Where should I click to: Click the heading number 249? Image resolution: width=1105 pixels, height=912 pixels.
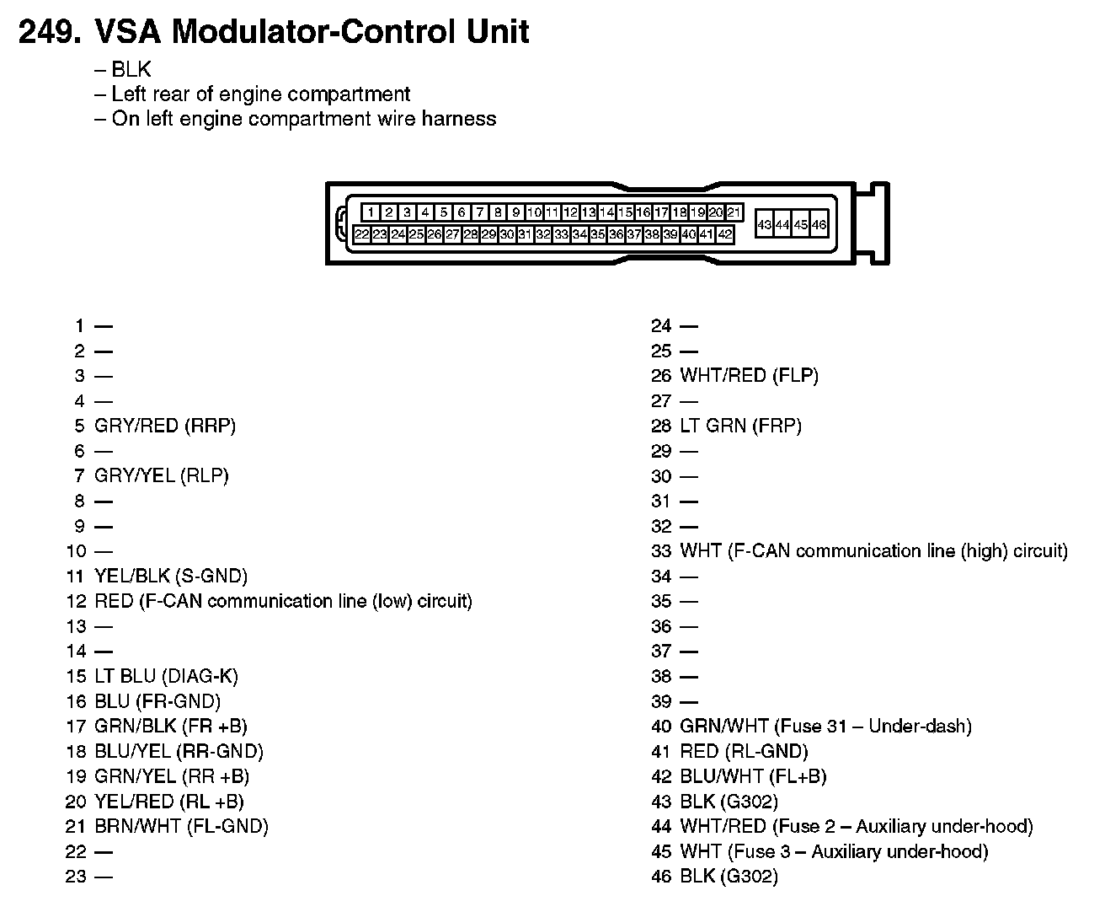pos(50,33)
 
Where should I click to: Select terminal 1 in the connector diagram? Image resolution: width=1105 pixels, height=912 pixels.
pos(371,213)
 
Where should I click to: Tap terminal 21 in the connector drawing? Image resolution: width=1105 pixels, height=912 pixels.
pos(734,213)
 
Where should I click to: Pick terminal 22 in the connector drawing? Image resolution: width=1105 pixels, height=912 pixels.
pos(362,235)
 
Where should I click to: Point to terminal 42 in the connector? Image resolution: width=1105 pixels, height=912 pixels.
pos(725,235)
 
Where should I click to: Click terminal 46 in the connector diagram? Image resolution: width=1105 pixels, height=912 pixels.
pos(819,225)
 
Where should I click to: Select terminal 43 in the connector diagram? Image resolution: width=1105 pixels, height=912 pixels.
pos(765,225)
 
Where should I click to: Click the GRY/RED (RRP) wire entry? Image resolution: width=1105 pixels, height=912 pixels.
pos(165,426)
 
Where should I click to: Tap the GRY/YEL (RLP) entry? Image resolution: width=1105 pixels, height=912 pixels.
pos(162,475)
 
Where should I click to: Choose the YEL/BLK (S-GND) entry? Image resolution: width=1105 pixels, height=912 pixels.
pos(171,576)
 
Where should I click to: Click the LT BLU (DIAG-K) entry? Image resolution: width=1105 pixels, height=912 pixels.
pos(167,676)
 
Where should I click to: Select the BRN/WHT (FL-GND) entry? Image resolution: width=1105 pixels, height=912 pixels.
pos(181,826)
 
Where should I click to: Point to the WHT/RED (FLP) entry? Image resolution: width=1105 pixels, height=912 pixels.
pos(749,376)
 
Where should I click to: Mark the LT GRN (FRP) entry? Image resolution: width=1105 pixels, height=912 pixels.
pos(740,426)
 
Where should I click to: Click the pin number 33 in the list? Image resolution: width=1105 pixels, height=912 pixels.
pos(661,551)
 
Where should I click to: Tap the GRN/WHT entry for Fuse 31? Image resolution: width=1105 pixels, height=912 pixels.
pos(825,726)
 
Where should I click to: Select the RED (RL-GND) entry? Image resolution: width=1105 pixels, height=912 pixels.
pos(744,751)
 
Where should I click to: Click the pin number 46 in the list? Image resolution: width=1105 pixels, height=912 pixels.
pos(661,877)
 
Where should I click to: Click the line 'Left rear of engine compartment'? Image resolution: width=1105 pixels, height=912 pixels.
pos(260,94)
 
